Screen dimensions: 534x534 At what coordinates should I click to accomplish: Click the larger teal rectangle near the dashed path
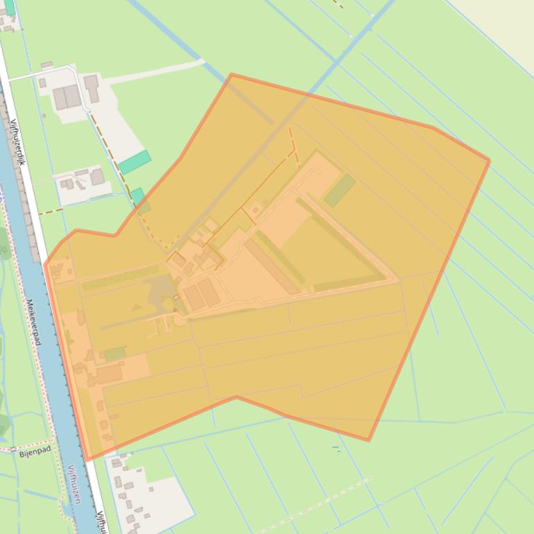tap(135, 162)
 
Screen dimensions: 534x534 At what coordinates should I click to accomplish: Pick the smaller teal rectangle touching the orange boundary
tap(137, 196)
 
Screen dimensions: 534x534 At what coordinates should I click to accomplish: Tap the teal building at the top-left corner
tap(10, 7)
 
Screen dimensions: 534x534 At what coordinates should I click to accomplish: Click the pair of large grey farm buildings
tap(67, 97)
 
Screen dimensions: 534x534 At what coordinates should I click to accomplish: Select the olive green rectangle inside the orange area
tap(340, 190)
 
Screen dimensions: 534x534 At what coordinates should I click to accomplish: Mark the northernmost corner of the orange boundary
tap(231, 74)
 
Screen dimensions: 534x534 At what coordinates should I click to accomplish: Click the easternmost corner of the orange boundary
tap(489, 161)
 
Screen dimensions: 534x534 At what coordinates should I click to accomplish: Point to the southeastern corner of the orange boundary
tap(368, 440)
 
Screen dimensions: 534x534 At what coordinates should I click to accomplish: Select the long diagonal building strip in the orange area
tap(273, 266)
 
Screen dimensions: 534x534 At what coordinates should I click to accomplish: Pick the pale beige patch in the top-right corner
tap(506, 21)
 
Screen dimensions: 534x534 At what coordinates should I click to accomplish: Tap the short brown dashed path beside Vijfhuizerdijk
tap(50, 211)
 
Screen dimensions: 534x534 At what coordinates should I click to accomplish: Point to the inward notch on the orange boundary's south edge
tap(236, 397)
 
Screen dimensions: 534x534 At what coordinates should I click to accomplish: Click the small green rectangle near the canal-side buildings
tap(114, 354)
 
